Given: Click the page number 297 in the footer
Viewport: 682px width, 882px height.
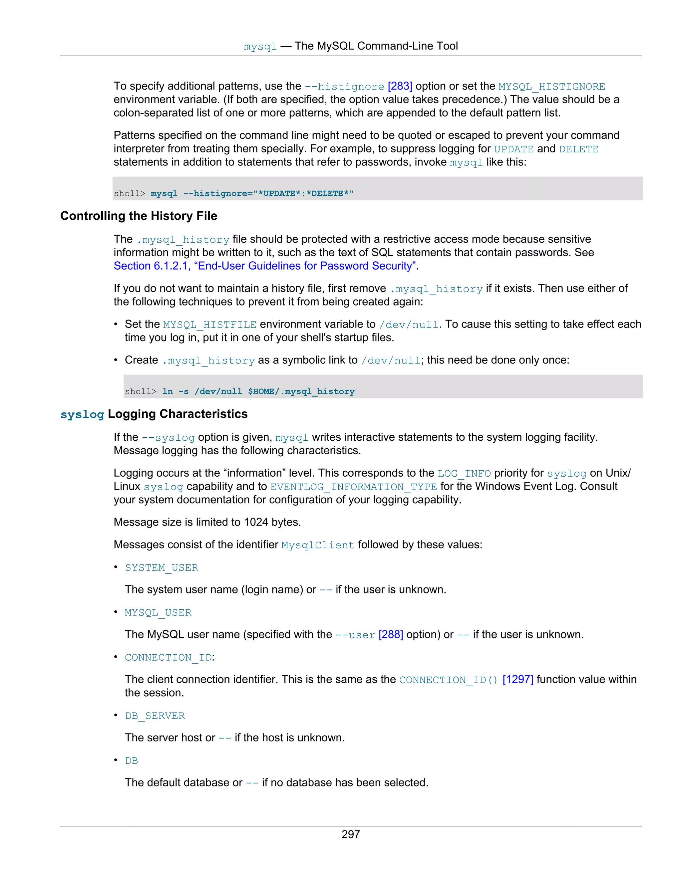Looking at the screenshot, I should (x=350, y=834).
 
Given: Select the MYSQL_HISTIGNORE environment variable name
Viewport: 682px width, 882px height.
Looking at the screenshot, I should (x=551, y=87).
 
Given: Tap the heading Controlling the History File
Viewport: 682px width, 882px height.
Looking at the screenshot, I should (x=139, y=216).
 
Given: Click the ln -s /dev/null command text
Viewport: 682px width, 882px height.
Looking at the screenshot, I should (x=258, y=391).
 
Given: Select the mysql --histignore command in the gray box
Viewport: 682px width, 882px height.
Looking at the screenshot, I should (x=252, y=193).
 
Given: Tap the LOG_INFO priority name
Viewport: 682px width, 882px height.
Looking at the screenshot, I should (x=464, y=473).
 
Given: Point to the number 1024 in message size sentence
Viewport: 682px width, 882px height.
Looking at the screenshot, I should (x=256, y=522).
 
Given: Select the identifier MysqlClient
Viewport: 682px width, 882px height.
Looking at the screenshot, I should (x=318, y=545).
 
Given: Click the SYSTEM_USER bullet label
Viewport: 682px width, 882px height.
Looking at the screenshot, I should (x=162, y=568).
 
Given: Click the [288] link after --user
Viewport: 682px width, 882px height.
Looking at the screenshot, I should (x=391, y=635).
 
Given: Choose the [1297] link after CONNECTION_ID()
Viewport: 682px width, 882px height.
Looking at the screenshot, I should (x=517, y=680).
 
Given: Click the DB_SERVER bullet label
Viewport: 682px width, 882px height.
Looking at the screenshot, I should (x=155, y=716).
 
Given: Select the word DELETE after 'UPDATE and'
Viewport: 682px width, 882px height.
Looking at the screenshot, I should (x=578, y=149).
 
